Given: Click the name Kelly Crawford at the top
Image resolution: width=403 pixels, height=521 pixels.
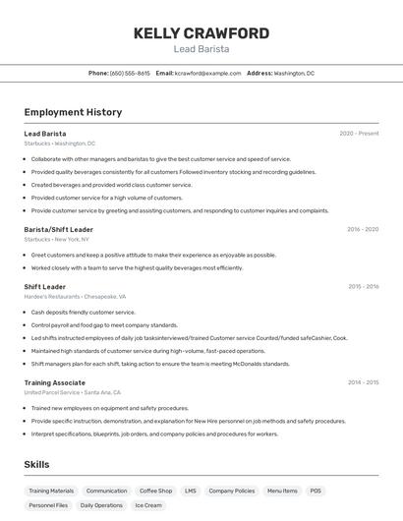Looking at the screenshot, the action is click(201, 32).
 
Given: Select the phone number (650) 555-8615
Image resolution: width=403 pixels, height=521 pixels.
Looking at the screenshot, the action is click(130, 73).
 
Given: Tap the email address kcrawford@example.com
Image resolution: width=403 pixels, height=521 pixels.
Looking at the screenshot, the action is click(207, 73).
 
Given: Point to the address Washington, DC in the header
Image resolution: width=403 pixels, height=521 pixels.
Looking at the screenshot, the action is click(294, 73).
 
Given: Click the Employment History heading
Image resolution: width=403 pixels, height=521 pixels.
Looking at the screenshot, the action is click(73, 112).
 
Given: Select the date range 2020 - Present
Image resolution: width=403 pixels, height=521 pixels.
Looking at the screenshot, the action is click(359, 134).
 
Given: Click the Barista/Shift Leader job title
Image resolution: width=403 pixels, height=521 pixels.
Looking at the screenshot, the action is click(59, 229).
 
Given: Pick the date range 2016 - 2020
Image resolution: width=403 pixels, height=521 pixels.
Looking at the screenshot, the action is click(362, 229).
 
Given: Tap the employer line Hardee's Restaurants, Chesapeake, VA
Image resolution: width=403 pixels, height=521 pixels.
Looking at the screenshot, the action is click(75, 296).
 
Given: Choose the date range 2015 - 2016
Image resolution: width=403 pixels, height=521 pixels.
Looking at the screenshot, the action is click(363, 287).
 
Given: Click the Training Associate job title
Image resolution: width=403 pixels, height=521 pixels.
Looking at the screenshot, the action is click(55, 382).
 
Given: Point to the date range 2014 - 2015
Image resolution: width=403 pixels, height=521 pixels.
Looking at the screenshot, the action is click(363, 382).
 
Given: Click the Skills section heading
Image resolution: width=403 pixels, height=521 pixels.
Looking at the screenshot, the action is click(36, 464).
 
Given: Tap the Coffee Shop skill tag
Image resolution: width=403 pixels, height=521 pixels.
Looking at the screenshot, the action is click(155, 491).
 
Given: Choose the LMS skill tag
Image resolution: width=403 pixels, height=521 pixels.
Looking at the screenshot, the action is click(190, 491).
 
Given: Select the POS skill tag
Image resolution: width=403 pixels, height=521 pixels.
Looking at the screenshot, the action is click(316, 491).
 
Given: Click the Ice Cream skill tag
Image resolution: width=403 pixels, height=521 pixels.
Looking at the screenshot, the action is click(147, 505).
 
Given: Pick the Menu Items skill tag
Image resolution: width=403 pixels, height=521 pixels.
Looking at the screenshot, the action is click(282, 491).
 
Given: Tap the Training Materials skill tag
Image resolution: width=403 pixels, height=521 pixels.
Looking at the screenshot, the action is click(51, 491).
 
